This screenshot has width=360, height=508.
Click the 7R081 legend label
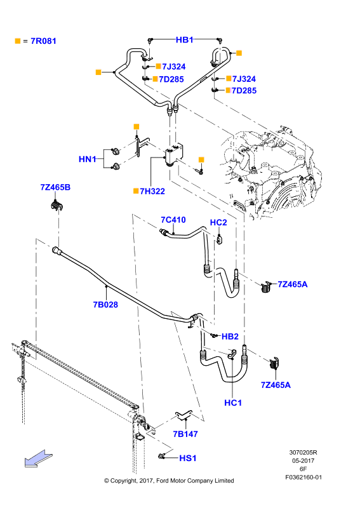(x=43, y=41)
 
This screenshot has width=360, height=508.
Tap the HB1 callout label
(x=184, y=40)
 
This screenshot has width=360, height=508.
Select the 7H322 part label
(x=152, y=191)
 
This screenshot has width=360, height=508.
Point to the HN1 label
(x=88, y=159)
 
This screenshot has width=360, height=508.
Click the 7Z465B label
(x=55, y=187)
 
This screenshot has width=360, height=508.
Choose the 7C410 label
(x=173, y=220)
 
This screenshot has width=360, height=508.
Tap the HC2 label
(x=218, y=223)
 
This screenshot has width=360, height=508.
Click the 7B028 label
(x=105, y=305)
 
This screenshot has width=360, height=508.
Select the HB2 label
(x=230, y=337)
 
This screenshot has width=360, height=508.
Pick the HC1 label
(x=233, y=403)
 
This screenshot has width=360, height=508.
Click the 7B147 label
(x=185, y=434)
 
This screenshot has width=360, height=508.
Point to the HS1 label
(x=188, y=458)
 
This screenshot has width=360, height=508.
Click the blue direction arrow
(x=38, y=458)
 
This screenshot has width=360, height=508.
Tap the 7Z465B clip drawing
(x=57, y=206)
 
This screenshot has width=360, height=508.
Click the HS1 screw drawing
(x=162, y=456)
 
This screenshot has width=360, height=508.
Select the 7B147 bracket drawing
(x=183, y=415)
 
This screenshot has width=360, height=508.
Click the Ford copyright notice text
(x=169, y=481)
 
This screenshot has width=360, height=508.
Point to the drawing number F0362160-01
(x=303, y=478)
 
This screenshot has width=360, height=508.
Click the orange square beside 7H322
(x=136, y=191)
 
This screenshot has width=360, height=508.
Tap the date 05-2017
(x=303, y=461)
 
